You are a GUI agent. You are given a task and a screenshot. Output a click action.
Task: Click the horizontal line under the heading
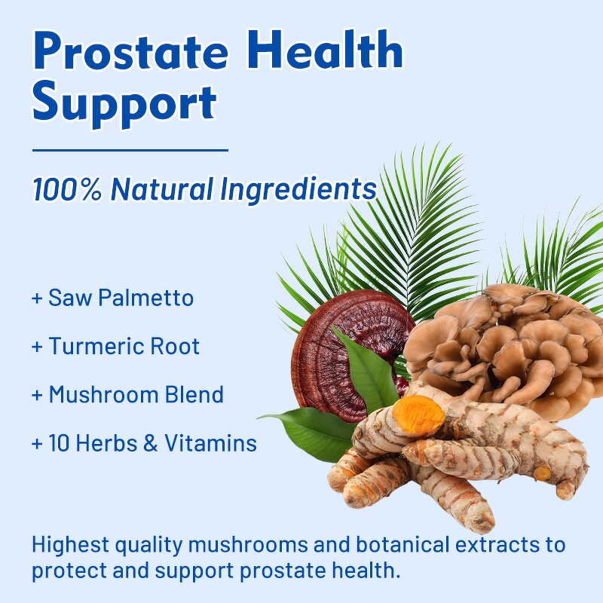[130, 150]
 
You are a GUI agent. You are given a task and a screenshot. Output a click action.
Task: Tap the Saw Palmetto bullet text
[121, 298]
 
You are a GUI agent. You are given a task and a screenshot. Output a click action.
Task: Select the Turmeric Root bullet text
[124, 347]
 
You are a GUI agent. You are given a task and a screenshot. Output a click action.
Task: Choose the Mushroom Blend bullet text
[136, 394]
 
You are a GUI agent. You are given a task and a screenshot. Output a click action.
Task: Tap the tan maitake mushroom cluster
[513, 339]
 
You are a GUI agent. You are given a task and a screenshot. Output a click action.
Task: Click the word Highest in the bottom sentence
[72, 545]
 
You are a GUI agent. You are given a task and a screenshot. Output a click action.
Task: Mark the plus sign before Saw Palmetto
[37, 298]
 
